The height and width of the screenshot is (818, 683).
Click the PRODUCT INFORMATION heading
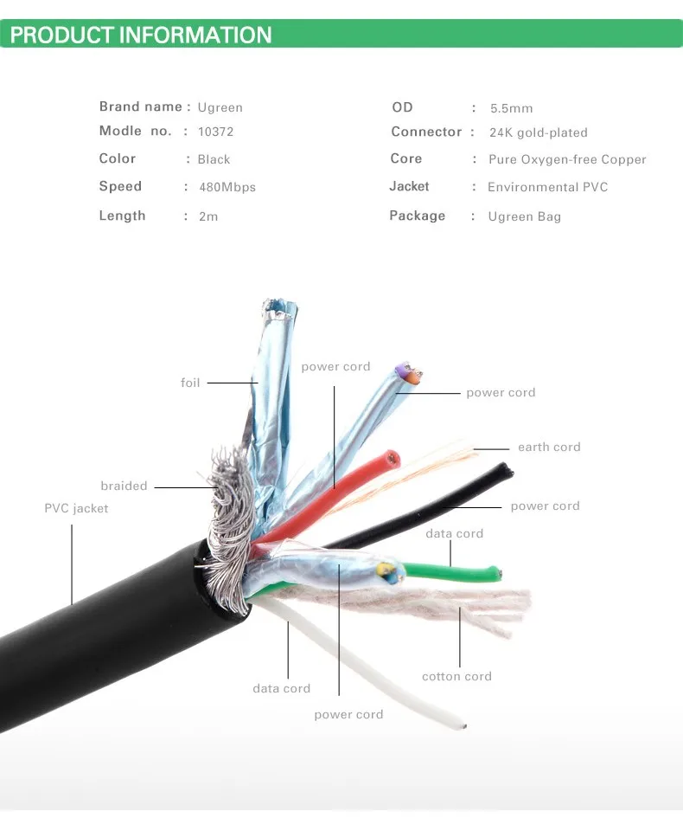[x=141, y=35]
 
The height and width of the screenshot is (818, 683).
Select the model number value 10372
[x=215, y=132]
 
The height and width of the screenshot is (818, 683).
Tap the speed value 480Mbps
[x=227, y=187]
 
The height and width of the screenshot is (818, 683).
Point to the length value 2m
[x=208, y=216]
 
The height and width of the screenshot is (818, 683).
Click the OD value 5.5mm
[x=511, y=108]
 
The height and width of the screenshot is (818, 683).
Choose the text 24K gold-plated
[x=538, y=132]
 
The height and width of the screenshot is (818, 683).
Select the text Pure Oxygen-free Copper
[x=567, y=159]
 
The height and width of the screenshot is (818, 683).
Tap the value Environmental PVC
[x=547, y=187]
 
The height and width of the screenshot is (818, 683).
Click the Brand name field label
[x=141, y=106]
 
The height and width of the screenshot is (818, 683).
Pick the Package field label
[x=418, y=216]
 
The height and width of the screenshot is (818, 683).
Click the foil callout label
[x=190, y=383]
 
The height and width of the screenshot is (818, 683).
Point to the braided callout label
[x=124, y=486]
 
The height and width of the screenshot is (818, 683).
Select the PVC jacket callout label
[x=76, y=509]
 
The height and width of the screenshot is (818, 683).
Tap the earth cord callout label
[x=549, y=447]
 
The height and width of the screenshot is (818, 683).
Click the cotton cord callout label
[x=456, y=677]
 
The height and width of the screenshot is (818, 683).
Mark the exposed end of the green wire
[x=497, y=575]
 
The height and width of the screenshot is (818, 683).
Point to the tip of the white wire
[x=463, y=725]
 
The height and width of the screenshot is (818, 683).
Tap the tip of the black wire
[x=506, y=471]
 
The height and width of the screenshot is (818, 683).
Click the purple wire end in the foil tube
[x=402, y=370]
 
